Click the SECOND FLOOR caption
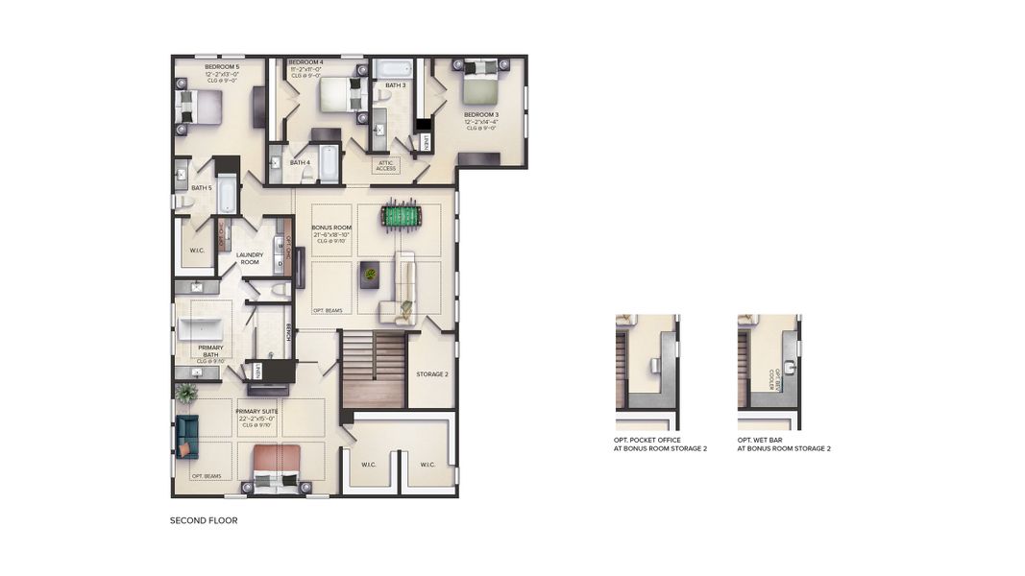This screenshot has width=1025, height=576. [204, 520]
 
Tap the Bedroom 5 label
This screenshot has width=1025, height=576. [222, 66]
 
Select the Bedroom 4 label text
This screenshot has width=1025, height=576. [307, 62]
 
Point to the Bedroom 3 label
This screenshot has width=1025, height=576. [481, 114]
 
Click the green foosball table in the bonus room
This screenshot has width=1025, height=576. [402, 216]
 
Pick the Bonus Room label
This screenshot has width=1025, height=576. [331, 228]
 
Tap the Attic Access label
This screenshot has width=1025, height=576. [386, 165]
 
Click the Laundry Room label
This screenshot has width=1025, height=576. [249, 258]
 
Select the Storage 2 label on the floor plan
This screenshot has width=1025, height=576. [431, 373]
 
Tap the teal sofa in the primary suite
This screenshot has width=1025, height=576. [186, 436]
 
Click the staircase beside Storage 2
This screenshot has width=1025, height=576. [374, 369]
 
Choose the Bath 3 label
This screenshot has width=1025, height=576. [396, 85]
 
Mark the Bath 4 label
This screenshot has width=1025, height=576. [301, 162]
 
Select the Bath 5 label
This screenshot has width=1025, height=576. [201, 187]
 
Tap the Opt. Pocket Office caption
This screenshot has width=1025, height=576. [660, 444]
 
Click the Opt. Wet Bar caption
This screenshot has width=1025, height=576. [784, 444]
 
